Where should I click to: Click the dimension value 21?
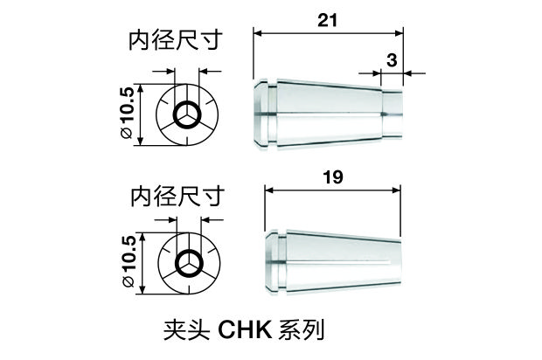(x=329, y=20)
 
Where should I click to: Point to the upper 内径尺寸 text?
(x=173, y=41)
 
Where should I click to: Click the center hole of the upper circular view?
(x=187, y=115)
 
